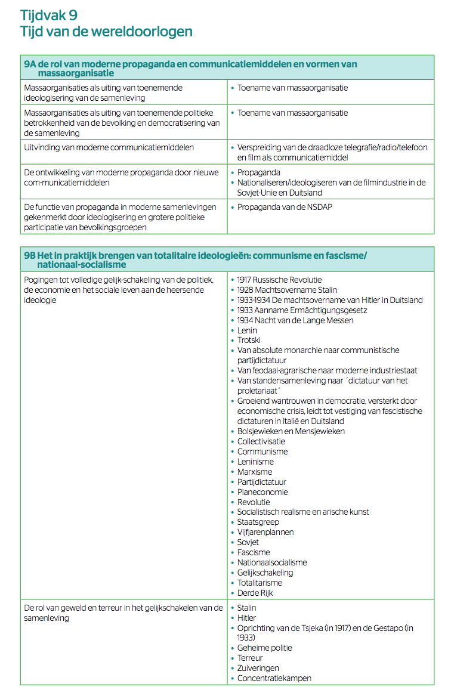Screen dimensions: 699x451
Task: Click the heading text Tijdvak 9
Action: pos(48,15)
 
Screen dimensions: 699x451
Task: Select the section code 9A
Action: pos(30,64)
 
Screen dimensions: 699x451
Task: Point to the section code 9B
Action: pos(30,255)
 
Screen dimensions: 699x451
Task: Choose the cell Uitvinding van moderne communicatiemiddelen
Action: pos(109,147)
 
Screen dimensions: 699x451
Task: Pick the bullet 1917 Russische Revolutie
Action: pos(279,280)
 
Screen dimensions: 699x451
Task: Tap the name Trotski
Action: pos(249,341)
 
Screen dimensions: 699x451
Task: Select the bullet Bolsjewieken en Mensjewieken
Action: pos(291,431)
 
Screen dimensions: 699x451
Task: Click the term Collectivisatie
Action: pos(261,441)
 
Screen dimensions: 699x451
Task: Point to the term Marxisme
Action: pos(255,472)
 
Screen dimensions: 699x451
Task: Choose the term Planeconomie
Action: pos(262,492)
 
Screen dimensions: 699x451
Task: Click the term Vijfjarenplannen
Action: pos(265,532)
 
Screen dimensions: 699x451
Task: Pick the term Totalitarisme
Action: pos(260,583)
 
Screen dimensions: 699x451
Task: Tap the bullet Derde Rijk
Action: pos(255,593)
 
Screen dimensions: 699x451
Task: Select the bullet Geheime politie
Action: pos(264,648)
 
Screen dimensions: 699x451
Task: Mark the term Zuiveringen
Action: pos(258,668)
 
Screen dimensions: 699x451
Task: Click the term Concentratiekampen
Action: pos(274,678)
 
